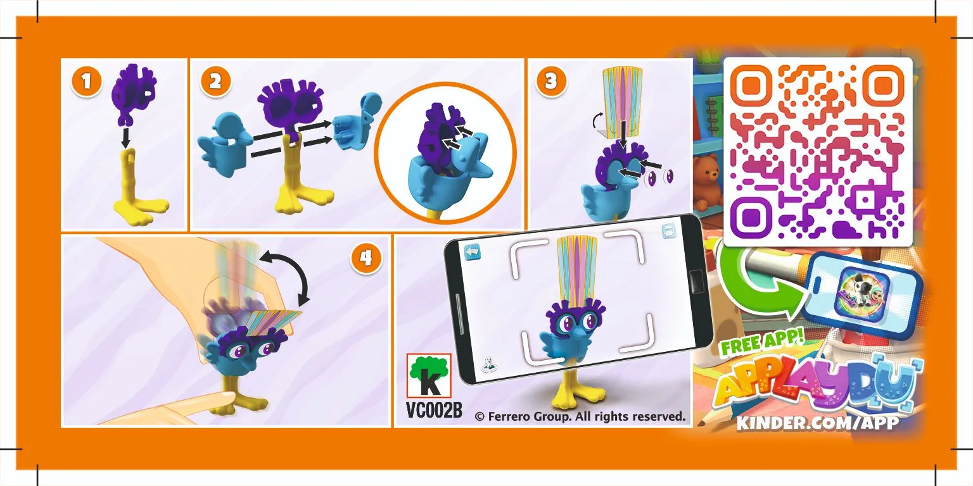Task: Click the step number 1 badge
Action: [87, 82]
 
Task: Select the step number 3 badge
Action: [550, 82]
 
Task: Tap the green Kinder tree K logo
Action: [429, 375]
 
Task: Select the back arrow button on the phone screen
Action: [471, 251]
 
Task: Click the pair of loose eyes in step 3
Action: [659, 178]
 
